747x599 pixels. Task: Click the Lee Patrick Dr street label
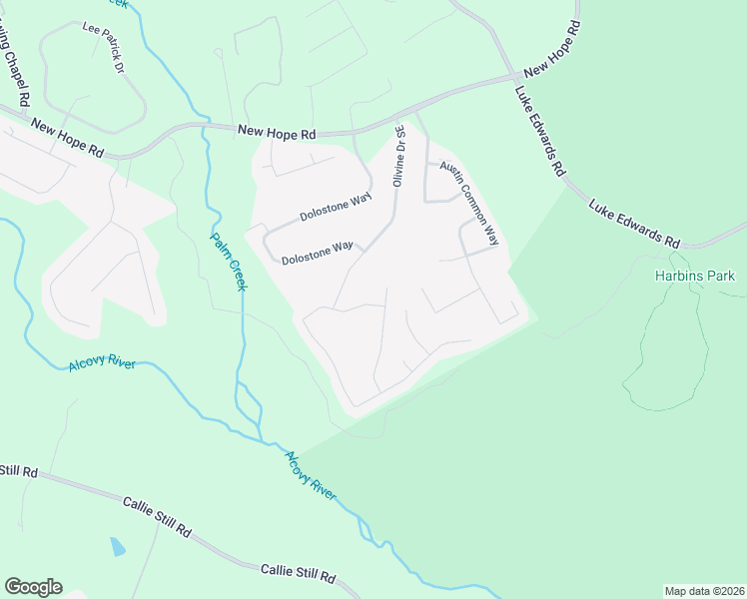[104, 48]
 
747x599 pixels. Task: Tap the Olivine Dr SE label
[398, 155]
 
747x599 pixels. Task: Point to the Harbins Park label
[694, 276]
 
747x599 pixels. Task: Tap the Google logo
[33, 587]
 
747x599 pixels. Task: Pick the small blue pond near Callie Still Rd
[117, 546]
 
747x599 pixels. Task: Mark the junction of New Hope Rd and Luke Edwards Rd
[515, 77]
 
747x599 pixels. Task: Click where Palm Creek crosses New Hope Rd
[205, 127]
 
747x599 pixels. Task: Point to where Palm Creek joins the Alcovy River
[262, 439]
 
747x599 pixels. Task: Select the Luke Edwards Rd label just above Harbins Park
[634, 223]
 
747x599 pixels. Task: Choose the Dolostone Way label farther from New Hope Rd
[318, 252]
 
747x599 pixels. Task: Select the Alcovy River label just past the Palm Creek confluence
[311, 475]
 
